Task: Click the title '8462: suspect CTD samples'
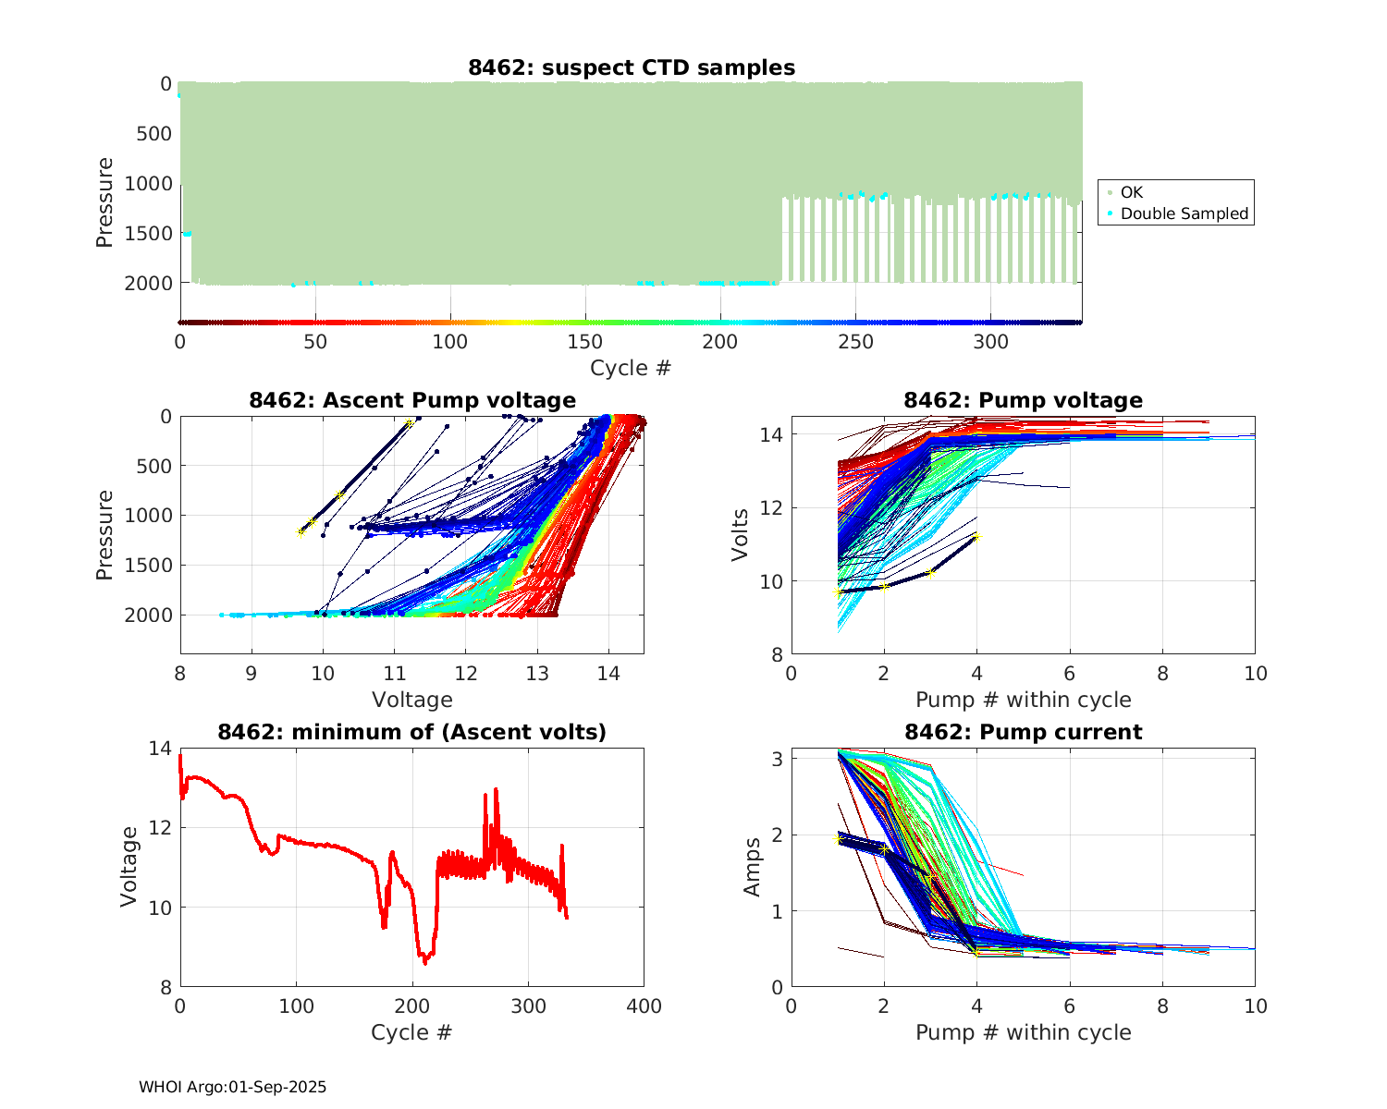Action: pyautogui.click(x=631, y=67)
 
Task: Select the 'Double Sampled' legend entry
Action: pyautogui.click(x=1184, y=213)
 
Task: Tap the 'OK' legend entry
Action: pyautogui.click(x=1131, y=192)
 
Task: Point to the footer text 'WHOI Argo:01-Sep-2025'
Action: pyautogui.click(x=232, y=1087)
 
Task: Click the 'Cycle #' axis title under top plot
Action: pyautogui.click(x=631, y=368)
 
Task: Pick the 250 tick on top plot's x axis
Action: pyautogui.click(x=855, y=342)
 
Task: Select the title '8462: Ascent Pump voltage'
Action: pyautogui.click(x=412, y=400)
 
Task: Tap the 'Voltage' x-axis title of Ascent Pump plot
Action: pyautogui.click(x=412, y=700)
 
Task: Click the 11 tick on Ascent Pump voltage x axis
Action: pyautogui.click(x=394, y=674)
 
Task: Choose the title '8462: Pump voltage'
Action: pyautogui.click(x=1023, y=400)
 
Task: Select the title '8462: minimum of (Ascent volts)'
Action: pyautogui.click(x=412, y=732)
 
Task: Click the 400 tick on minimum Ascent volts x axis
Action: pyautogui.click(x=644, y=1006)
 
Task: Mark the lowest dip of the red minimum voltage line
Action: pyautogui.click(x=425, y=963)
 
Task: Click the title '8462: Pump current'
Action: pyautogui.click(x=1023, y=732)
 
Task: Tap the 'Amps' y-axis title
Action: pyautogui.click(x=753, y=867)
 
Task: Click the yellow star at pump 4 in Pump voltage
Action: pyautogui.click(x=976, y=536)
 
